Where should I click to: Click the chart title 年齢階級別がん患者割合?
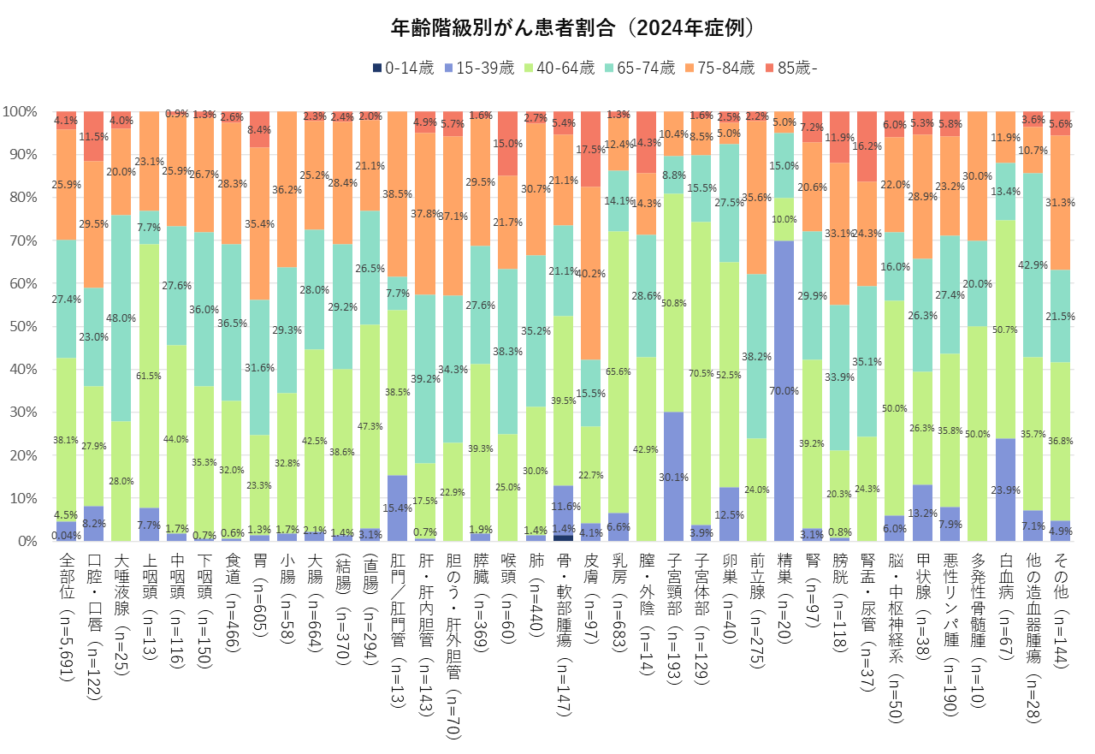502,28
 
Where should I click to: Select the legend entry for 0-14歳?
403,68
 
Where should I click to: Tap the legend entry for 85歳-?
791,68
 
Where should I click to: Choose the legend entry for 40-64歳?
559,68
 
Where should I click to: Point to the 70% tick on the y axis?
23,240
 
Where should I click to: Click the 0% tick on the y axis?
27,541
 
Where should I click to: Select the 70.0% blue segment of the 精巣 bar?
784,390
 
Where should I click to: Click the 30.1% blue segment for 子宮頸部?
674,476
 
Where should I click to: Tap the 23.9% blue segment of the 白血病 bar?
1005,490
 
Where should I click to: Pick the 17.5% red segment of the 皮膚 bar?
591,149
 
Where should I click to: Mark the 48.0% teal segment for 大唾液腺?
121,318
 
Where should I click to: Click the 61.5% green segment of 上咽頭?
149,376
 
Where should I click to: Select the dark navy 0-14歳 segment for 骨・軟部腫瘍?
564,537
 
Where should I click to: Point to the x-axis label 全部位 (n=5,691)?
67,617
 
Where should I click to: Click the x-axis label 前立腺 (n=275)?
757,610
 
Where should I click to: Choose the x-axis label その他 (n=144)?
1060,610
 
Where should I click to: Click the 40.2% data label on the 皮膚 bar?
590,274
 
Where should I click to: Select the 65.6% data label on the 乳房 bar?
619,371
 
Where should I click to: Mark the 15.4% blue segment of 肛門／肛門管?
398,508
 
